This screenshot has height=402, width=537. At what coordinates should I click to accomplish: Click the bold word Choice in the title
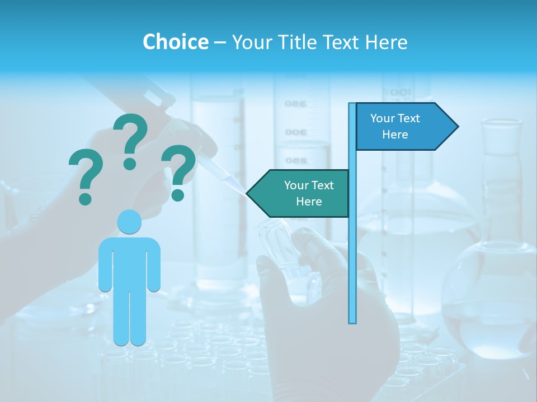pos(175,42)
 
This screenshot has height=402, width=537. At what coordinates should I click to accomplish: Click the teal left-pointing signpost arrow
pos(299,193)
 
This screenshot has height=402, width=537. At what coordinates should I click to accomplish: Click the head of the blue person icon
pos(129,222)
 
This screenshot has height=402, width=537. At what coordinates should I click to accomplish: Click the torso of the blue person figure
pos(129,262)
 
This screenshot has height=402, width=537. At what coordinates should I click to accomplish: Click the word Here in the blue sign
pos(395,135)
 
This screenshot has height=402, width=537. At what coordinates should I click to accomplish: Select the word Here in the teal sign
pos(309,202)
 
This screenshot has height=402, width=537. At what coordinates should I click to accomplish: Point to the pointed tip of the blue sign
pos(456,127)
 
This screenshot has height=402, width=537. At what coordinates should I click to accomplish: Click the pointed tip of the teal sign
pos(249,193)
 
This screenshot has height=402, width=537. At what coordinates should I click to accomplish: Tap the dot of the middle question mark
pos(130,163)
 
